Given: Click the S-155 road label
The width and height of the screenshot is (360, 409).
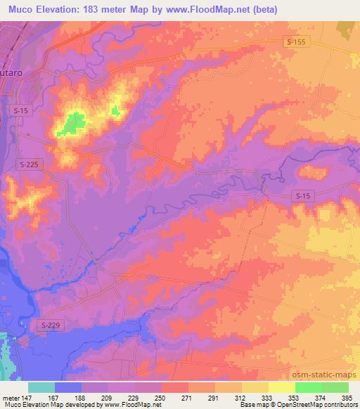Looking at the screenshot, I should click(297, 43).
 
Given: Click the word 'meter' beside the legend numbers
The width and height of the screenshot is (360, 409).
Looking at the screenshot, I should click(10, 397).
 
